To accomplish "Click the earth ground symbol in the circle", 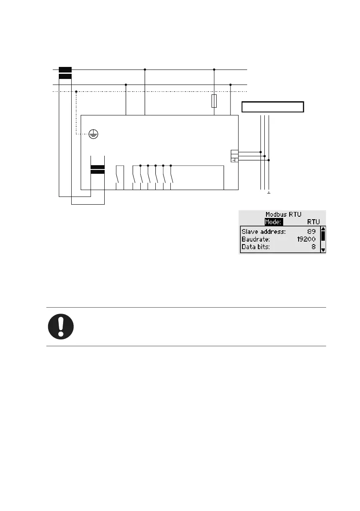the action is [94, 134].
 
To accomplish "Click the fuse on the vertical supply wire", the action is [214, 101].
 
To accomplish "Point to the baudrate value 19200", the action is [306, 239].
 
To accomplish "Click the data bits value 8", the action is [314, 247].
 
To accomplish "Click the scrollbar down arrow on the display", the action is [323, 249].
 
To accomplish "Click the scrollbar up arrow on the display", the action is [323, 229].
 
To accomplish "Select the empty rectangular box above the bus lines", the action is [273, 107].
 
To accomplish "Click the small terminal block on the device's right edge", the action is [234, 156].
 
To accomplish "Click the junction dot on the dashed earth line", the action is [76, 91].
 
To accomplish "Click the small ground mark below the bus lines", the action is [269, 193].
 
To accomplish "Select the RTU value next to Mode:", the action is [314, 222].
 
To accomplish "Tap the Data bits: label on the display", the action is [255, 247].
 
